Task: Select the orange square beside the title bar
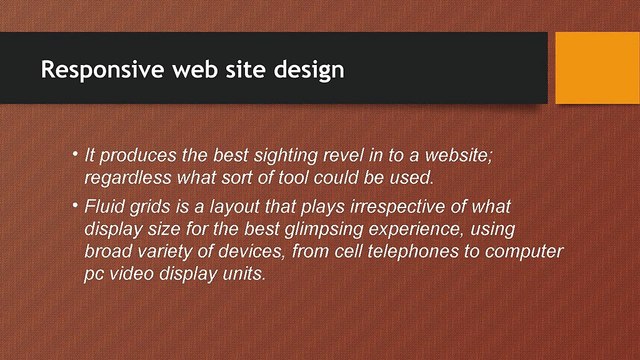597,67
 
